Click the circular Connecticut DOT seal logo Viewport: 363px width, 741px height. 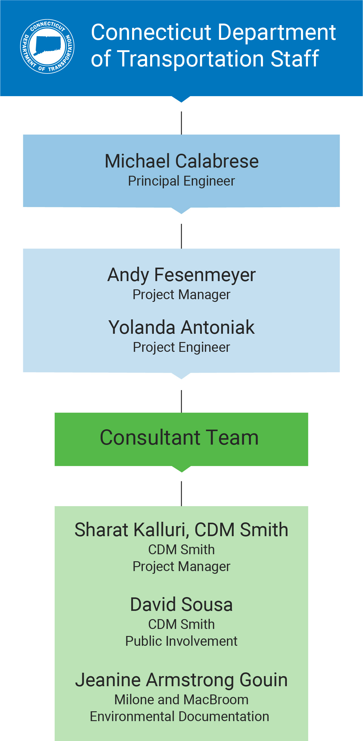tap(47, 47)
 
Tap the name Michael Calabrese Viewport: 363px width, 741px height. tap(182, 161)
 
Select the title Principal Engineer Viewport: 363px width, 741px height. tap(181, 181)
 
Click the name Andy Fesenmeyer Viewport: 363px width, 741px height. tap(181, 275)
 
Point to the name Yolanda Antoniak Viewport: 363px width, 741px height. tap(181, 327)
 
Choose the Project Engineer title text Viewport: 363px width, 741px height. tap(181, 347)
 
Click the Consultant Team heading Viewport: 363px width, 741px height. tap(179, 438)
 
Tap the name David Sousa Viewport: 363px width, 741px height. tap(181, 604)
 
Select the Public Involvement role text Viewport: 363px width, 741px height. tap(181, 641)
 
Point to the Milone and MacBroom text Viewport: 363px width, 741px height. tap(181, 700)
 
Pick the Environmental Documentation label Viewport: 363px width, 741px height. tap(180, 717)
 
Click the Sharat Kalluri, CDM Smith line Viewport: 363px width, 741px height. tap(181, 530)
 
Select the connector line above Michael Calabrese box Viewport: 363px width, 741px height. tap(181, 123)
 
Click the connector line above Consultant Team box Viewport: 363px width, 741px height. tap(181, 401)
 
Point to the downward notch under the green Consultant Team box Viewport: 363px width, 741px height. tap(181, 469)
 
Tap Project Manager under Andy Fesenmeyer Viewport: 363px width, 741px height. tap(181, 295)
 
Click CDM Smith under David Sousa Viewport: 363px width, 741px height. tap(181, 624)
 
